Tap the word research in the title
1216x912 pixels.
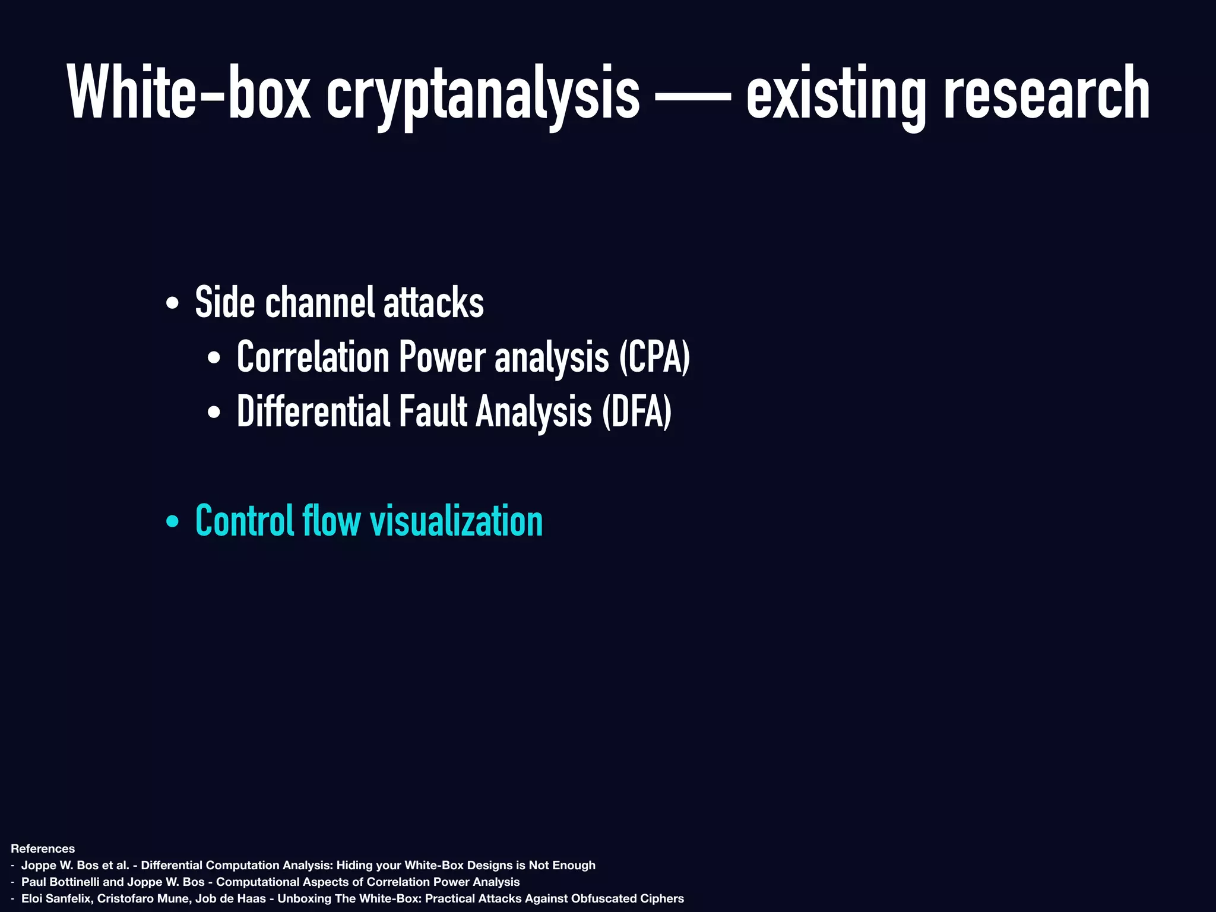[1046, 94]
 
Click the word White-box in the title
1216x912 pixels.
[189, 94]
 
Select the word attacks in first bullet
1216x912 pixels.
[433, 303]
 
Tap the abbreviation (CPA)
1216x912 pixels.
[654, 357]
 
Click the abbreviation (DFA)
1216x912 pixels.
[636, 412]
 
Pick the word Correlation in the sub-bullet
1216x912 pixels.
[312, 357]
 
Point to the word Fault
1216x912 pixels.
[433, 412]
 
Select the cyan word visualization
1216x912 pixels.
[456, 521]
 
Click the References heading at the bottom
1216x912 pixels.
[43, 848]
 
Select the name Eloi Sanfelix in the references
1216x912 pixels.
[56, 898]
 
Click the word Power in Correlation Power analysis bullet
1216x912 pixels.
[442, 357]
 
